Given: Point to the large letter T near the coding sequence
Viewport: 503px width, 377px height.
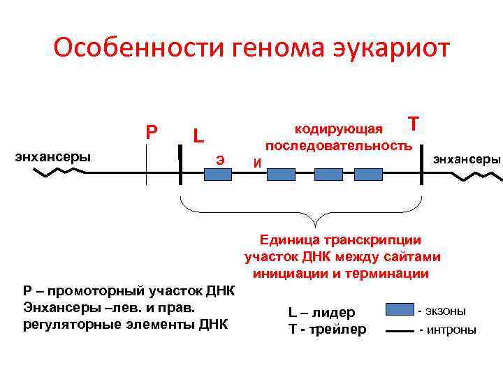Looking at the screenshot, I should click(x=414, y=124).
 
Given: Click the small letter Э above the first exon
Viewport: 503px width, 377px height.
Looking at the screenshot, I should click(x=220, y=159).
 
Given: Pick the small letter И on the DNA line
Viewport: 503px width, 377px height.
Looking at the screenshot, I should click(x=257, y=163).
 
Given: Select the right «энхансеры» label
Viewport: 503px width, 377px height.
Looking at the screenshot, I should click(x=467, y=159).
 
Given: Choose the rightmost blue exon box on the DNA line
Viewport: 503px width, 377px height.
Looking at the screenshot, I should click(x=367, y=175).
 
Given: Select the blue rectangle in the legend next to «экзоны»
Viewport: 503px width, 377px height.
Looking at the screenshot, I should click(x=399, y=309).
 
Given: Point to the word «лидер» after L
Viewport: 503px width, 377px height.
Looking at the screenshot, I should click(x=337, y=313).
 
